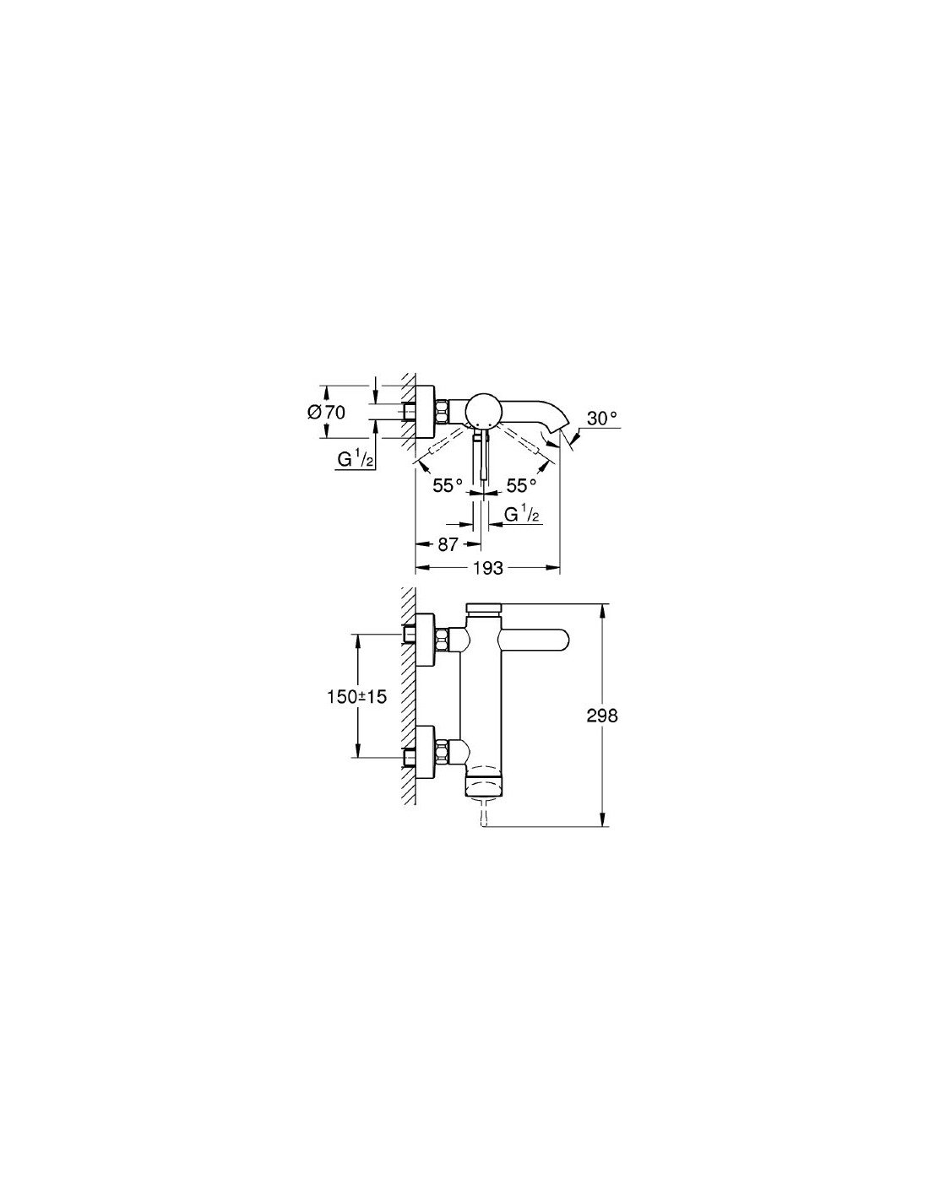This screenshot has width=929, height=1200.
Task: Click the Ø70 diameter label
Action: [x=326, y=413]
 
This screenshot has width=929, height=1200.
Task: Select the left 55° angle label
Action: [x=448, y=486]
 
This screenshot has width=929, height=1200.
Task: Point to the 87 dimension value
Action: [x=448, y=544]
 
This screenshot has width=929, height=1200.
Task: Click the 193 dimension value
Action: [x=488, y=568]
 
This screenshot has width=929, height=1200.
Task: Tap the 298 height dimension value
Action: [x=602, y=716]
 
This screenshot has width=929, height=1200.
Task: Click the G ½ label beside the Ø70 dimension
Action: [x=353, y=459]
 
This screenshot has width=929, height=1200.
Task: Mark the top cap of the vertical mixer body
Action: [x=484, y=608]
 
